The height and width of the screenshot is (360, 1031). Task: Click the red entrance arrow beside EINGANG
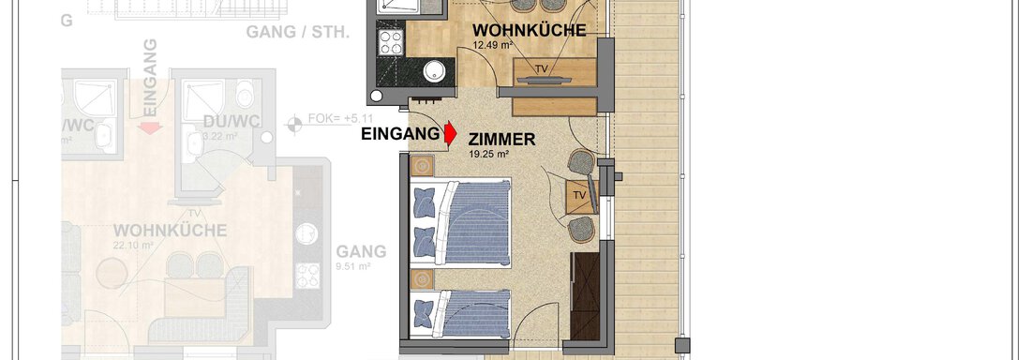coord(450,135)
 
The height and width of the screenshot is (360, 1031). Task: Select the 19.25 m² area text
coord(489,157)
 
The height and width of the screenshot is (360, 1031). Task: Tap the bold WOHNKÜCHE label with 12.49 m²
coord(529,30)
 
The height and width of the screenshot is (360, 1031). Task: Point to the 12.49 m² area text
coord(493,45)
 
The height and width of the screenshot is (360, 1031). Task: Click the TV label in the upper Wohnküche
coord(541,68)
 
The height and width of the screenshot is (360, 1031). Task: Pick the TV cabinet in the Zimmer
coord(579,195)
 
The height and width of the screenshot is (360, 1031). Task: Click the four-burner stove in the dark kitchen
coord(389,42)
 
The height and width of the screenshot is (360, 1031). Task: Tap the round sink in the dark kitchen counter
coord(434,72)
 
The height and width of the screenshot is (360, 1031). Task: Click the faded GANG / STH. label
coord(297,32)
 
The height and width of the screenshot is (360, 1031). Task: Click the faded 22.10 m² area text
coord(134,246)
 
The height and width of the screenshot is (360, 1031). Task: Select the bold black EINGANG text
coord(400,134)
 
